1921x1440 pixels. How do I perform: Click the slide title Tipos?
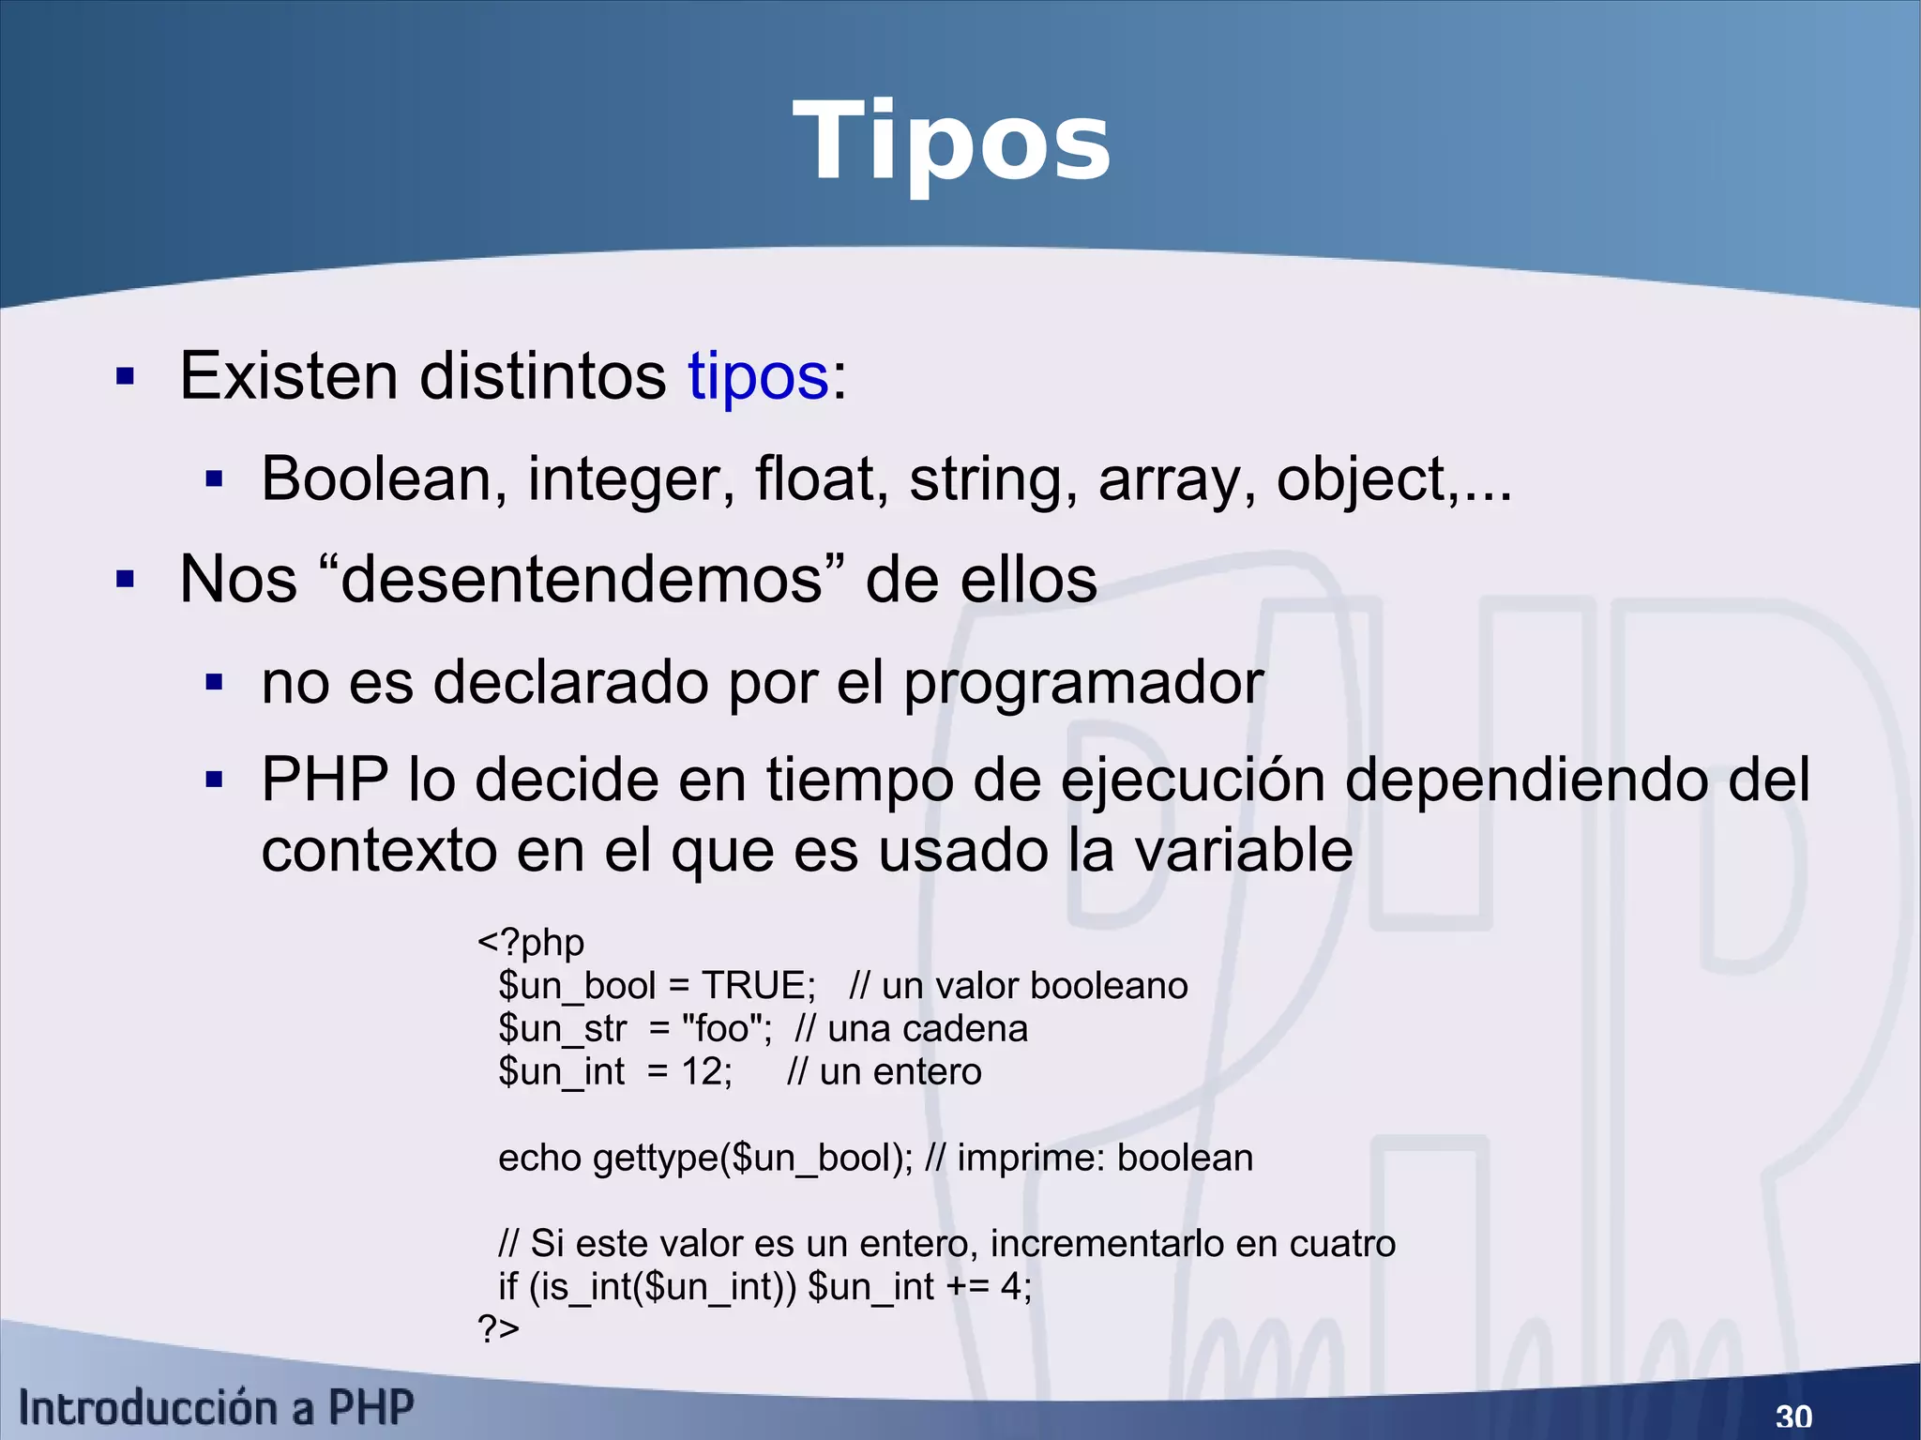coord(951,144)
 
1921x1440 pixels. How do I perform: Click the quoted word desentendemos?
coord(582,580)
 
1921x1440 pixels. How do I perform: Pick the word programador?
coord(1082,684)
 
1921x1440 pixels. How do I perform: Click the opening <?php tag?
coord(531,942)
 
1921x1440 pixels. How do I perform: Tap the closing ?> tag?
coord(498,1328)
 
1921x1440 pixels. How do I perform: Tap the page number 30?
coord(1793,1416)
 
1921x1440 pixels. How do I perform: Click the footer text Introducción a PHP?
coord(216,1408)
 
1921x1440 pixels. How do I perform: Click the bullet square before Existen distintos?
coord(125,377)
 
